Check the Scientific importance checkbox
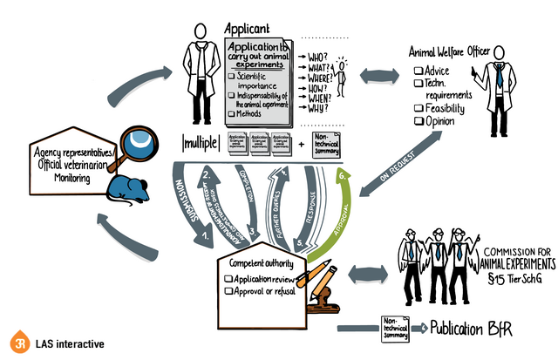coord(231,77)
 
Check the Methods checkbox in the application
coord(231,113)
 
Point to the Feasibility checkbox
coord(419,108)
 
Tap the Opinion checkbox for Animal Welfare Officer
coord(419,122)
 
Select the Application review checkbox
coord(228,278)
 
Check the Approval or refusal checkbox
coord(228,290)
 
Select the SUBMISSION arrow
coord(186,202)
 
